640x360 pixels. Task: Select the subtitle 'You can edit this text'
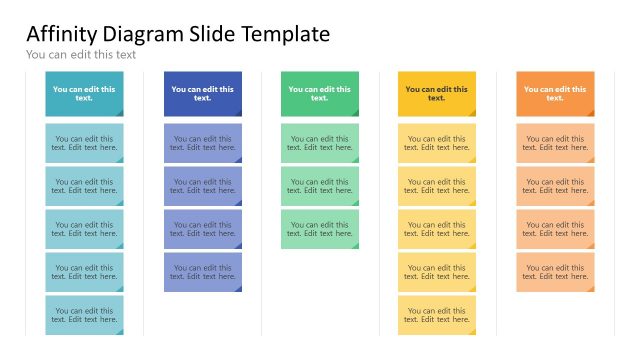click(81, 55)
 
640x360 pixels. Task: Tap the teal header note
click(84, 93)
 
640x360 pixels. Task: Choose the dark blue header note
click(202, 93)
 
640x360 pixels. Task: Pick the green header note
click(319, 93)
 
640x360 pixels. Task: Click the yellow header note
click(437, 93)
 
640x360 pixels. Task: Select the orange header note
click(555, 93)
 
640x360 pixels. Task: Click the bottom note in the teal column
click(84, 315)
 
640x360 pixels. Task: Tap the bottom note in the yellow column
click(437, 315)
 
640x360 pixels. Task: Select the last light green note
click(319, 229)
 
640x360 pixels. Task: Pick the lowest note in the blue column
click(202, 272)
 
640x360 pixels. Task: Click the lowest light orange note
click(555, 272)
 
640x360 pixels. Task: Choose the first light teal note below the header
click(84, 143)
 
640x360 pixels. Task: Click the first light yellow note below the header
click(437, 143)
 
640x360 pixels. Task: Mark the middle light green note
click(319, 186)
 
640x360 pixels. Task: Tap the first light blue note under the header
click(202, 143)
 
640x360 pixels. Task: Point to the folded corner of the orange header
click(589, 112)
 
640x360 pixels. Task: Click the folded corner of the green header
click(353, 112)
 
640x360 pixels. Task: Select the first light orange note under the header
click(555, 143)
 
